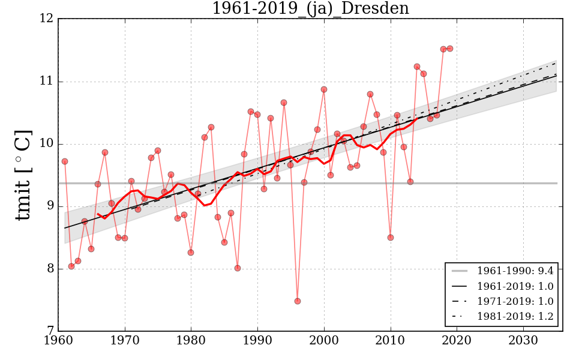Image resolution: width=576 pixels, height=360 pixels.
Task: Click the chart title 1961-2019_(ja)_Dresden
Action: [x=310, y=9]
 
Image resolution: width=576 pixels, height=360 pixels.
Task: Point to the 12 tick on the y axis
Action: [x=48, y=19]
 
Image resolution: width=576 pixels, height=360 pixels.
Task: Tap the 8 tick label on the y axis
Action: [x=51, y=269]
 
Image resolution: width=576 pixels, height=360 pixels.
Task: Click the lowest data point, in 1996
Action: [x=298, y=301]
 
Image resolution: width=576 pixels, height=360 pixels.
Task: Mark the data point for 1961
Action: [x=65, y=161]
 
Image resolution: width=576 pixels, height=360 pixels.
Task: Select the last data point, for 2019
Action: [x=450, y=49]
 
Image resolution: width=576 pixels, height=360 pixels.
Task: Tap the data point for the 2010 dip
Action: [x=391, y=238]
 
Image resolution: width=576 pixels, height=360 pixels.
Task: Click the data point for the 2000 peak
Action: [x=324, y=89]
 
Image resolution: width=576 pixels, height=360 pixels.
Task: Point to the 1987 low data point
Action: [x=238, y=268]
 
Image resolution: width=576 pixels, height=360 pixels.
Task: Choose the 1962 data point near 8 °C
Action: [x=71, y=266]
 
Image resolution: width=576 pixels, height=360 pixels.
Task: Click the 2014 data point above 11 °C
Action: [x=417, y=67]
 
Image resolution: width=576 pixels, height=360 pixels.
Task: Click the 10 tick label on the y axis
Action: [x=48, y=144]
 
